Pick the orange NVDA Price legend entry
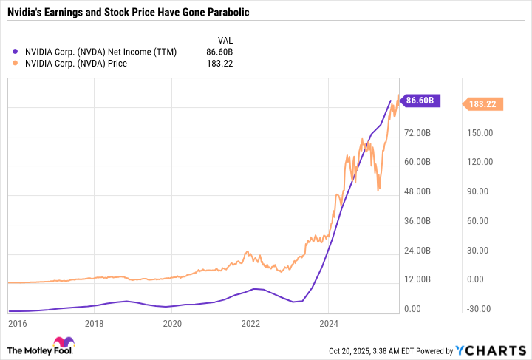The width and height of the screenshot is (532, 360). (75, 64)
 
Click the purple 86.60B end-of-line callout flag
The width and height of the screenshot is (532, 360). (424, 101)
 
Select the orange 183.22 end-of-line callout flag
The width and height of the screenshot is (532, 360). (484, 105)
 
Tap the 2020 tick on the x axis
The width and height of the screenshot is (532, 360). (172, 323)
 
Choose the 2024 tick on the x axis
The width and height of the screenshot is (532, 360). (329, 323)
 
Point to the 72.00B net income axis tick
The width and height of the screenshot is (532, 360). (419, 133)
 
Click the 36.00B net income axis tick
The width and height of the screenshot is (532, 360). (419, 221)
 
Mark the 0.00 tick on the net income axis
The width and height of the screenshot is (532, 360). (415, 309)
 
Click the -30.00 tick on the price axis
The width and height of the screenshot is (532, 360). (478, 309)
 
